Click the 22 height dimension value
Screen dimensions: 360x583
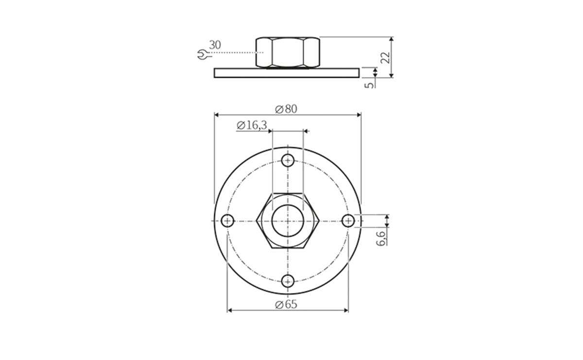point(385,57)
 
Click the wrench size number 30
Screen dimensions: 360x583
point(215,45)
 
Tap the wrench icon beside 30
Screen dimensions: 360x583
point(203,55)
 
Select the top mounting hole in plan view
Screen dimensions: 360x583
point(288,160)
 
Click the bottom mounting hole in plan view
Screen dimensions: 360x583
point(288,281)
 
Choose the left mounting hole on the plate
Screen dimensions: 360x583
point(227,221)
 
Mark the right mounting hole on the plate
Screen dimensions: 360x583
point(348,221)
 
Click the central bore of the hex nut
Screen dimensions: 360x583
point(288,221)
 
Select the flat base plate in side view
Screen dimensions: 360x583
point(287,72)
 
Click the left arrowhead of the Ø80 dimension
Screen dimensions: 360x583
point(217,115)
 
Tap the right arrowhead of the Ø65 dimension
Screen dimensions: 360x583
point(346,310)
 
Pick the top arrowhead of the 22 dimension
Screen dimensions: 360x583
point(392,39)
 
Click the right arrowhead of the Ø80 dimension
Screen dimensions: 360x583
point(359,115)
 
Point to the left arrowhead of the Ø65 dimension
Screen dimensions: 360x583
point(230,310)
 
